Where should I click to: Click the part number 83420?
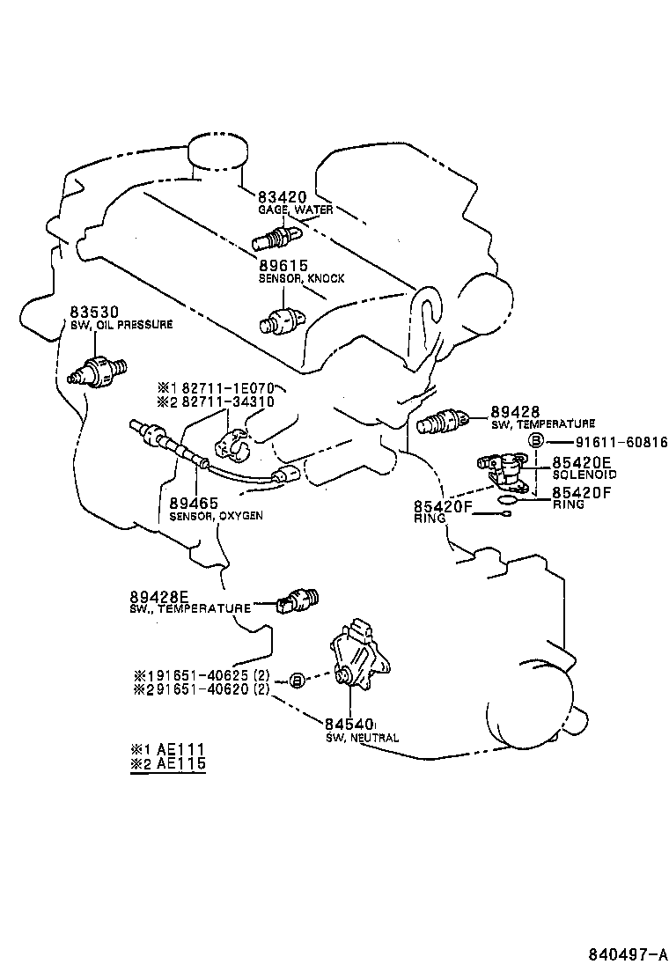282,196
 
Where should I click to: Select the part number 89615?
283,266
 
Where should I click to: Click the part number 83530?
93,312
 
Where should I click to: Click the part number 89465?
194,504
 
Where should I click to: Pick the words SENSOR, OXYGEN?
216,516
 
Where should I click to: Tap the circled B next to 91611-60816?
537,441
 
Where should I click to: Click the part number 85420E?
582,462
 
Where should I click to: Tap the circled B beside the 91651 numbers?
298,680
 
